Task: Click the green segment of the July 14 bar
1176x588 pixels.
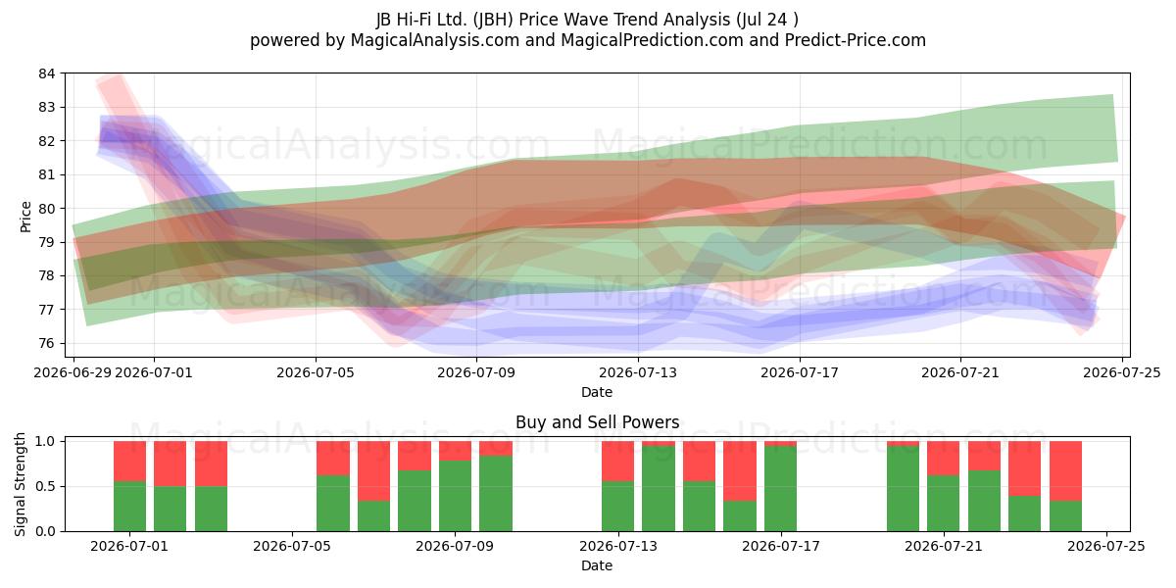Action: pyautogui.click(x=659, y=488)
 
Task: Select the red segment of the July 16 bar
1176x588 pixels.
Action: pyautogui.click(x=740, y=471)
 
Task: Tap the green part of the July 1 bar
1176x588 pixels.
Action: pyautogui.click(x=129, y=506)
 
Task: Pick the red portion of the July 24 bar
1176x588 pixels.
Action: pyautogui.click(x=1066, y=471)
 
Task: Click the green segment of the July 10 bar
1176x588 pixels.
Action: pyautogui.click(x=496, y=494)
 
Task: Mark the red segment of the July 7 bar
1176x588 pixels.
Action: pyautogui.click(x=373, y=471)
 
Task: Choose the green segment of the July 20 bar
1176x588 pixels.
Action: pyautogui.click(x=903, y=488)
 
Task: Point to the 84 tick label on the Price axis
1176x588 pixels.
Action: pyautogui.click(x=46, y=73)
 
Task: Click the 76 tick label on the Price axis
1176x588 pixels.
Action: pyautogui.click(x=46, y=343)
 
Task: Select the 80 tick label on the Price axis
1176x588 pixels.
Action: pyautogui.click(x=46, y=209)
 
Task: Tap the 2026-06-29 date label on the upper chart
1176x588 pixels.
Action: pyautogui.click(x=73, y=372)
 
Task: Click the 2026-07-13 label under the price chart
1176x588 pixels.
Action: pyautogui.click(x=638, y=372)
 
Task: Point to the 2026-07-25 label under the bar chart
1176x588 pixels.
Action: pyautogui.click(x=1106, y=547)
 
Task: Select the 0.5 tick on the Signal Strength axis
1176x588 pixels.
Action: pyautogui.click(x=45, y=487)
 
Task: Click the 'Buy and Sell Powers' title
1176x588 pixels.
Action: pyautogui.click(x=597, y=422)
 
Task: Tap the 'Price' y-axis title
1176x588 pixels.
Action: pyautogui.click(x=25, y=217)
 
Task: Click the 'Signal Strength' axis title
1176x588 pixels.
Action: pyautogui.click(x=20, y=484)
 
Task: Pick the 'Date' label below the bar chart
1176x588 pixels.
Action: pyautogui.click(x=597, y=565)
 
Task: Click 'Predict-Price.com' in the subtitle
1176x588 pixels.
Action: pyautogui.click(x=856, y=40)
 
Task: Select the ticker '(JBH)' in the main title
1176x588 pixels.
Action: pyautogui.click(x=493, y=20)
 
